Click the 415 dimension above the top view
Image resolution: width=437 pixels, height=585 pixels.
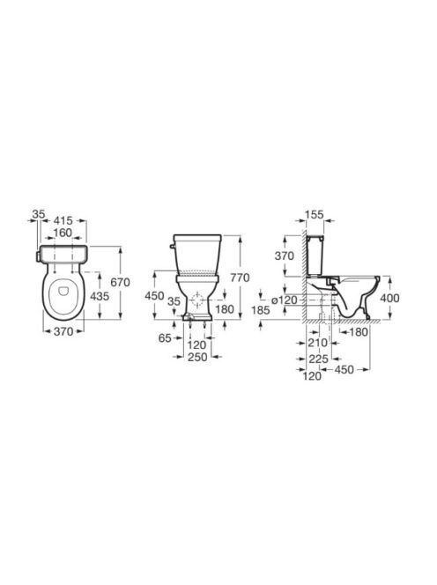[63, 220]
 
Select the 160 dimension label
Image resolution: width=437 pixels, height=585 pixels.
[63, 233]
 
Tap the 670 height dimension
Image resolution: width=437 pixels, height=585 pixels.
[120, 282]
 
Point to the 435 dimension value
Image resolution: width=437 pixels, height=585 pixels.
[100, 296]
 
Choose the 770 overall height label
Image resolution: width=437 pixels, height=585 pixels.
[240, 278]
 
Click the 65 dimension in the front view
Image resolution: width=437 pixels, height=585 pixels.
[165, 338]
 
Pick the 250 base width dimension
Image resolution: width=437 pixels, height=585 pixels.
[197, 357]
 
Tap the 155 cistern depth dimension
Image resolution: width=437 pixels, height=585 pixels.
[315, 215]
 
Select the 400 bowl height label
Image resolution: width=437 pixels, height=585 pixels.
[389, 298]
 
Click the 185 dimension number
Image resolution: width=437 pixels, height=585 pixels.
[261, 309]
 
